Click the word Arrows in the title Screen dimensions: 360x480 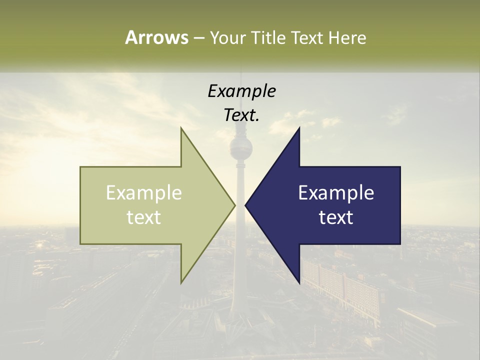click(x=156, y=37)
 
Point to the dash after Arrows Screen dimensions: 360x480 click(x=199, y=38)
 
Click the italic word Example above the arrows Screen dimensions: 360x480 click(x=241, y=91)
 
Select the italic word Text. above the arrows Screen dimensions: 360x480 click(x=241, y=115)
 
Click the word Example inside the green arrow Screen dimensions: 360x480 click(x=144, y=193)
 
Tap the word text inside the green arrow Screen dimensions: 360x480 click(x=144, y=217)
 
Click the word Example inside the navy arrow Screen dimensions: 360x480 click(x=336, y=193)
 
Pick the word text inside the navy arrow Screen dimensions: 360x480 click(x=336, y=217)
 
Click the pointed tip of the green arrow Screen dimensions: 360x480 click(x=234, y=205)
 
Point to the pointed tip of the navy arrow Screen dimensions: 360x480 click(x=245, y=205)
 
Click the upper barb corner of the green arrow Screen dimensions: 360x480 click(x=181, y=128)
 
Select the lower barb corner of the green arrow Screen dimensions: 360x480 click(x=181, y=282)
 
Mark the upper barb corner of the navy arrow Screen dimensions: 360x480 click(x=299, y=128)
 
